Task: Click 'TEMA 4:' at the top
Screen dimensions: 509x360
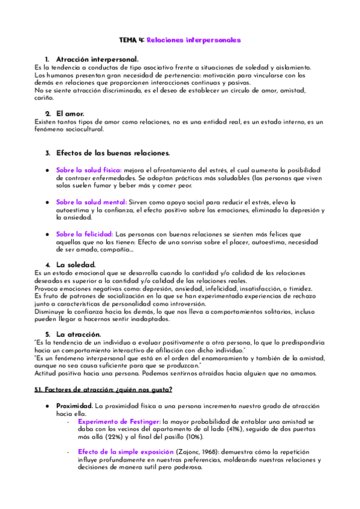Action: (131, 40)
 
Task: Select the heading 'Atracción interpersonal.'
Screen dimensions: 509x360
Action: (97, 59)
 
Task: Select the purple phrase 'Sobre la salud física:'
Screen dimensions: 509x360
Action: (89, 170)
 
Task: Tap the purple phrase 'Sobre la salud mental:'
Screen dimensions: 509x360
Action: (92, 202)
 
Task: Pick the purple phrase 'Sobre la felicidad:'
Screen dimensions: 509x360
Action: (85, 234)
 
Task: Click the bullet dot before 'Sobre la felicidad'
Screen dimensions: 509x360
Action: (47, 234)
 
